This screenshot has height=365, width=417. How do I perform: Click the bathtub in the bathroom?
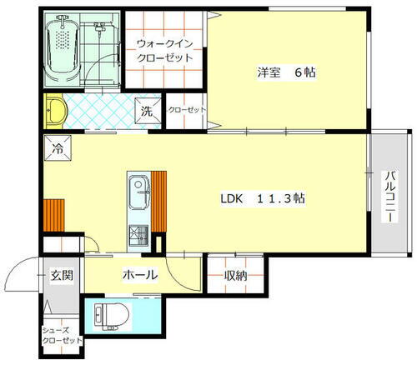(x=62, y=52)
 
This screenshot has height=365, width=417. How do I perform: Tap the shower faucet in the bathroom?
(x=99, y=32)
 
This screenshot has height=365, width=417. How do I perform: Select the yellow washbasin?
(x=55, y=110)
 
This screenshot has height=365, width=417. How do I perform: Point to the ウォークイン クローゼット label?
(x=164, y=52)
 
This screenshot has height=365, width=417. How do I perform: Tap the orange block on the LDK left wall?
(x=54, y=212)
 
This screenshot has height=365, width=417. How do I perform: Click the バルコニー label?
(x=389, y=197)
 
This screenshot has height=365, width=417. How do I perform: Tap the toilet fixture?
(x=109, y=316)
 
